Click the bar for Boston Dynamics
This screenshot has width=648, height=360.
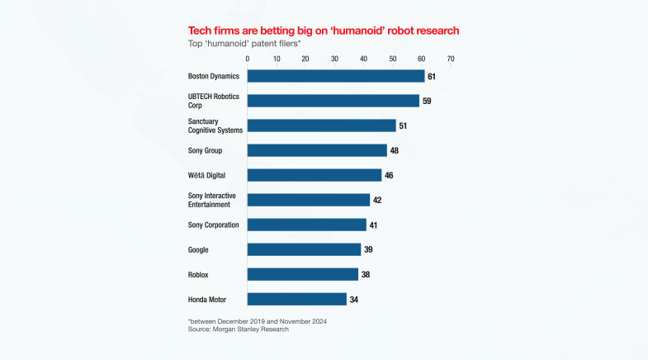click(336, 76)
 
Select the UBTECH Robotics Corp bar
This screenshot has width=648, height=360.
click(333, 101)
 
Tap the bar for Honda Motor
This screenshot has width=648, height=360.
click(297, 299)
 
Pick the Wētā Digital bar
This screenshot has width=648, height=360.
click(315, 175)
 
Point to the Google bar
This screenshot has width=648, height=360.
click(305, 249)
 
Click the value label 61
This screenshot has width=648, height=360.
click(432, 76)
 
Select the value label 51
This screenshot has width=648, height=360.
click(403, 126)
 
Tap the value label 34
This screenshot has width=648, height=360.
click(354, 299)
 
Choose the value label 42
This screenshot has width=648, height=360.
click(377, 200)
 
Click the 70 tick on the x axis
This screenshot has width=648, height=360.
click(450, 59)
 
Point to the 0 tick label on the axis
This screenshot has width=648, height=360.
click(248, 59)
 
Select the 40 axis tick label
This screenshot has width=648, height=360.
click(363, 59)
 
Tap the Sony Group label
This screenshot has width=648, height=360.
click(206, 150)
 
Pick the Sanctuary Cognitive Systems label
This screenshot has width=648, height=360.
click(215, 126)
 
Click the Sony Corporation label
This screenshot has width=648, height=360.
click(213, 225)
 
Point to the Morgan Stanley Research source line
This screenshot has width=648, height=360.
click(239, 329)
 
